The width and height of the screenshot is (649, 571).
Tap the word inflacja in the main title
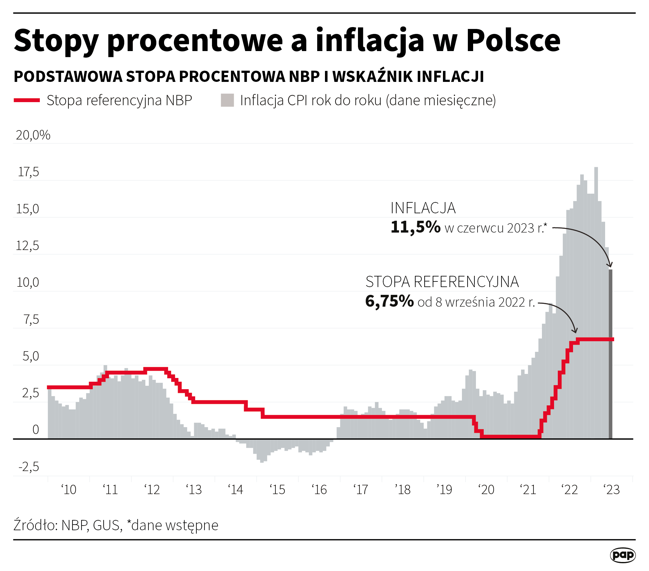tap(369, 40)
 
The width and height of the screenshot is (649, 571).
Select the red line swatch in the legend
tap(27, 100)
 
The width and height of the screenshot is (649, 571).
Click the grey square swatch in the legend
tap(227, 100)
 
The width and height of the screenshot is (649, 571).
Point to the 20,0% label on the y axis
tap(33, 135)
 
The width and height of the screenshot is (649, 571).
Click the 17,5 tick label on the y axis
tap(29, 172)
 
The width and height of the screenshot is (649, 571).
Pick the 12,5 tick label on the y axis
tap(28, 246)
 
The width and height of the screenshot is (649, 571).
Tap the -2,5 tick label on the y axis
tap(29, 467)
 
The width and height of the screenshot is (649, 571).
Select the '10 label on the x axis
tap(68, 490)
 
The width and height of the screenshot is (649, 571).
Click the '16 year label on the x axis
tap(319, 490)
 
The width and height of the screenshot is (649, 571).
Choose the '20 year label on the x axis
tap(487, 490)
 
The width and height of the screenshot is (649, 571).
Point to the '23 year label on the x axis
tap(612, 490)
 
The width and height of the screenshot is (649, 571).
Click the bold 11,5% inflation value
tap(415, 227)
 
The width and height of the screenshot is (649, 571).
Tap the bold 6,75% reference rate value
tap(390, 301)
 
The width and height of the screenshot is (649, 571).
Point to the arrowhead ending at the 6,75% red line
tap(576, 331)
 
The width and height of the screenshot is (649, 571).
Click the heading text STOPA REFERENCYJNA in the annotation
tap(442, 282)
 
